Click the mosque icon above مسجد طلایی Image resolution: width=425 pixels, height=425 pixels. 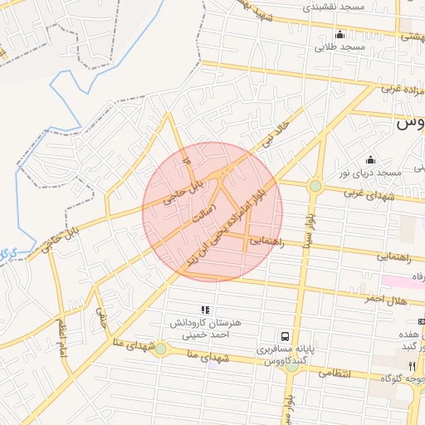point(340,34)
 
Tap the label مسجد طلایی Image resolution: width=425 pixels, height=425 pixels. point(340,47)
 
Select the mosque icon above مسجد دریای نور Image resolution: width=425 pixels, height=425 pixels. point(370,159)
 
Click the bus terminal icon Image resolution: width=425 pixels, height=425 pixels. point(286,336)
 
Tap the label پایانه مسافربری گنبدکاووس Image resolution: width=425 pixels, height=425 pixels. point(282,355)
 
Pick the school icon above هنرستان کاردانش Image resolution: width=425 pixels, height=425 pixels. point(205,310)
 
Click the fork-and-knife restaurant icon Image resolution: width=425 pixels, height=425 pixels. point(412,365)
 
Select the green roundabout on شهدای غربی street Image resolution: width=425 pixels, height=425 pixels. point(315,186)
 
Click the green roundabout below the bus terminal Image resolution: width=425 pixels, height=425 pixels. point(291,366)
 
